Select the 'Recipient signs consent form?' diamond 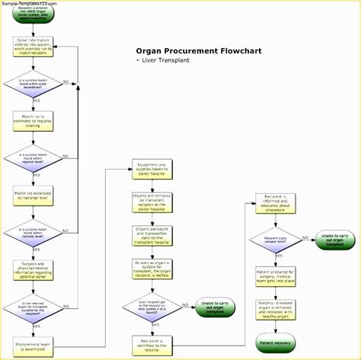coord(274,238)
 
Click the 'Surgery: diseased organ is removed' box coord(274,306)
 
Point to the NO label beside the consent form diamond coord(306,236)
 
